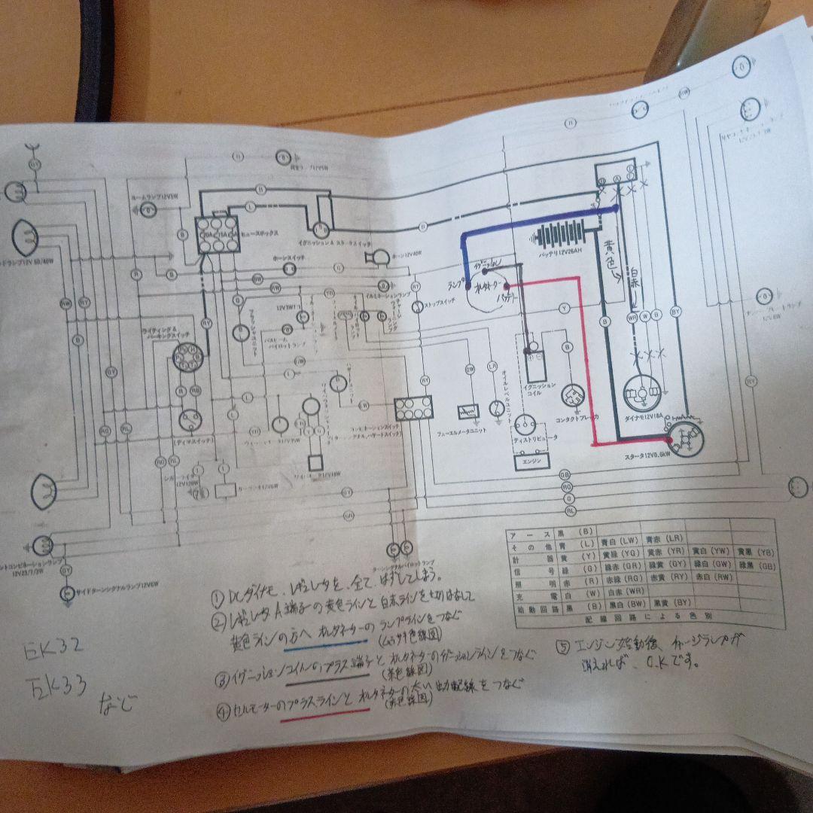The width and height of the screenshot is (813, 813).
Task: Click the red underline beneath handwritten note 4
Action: click(316, 717)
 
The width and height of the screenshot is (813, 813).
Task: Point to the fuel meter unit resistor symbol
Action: click(465, 412)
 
